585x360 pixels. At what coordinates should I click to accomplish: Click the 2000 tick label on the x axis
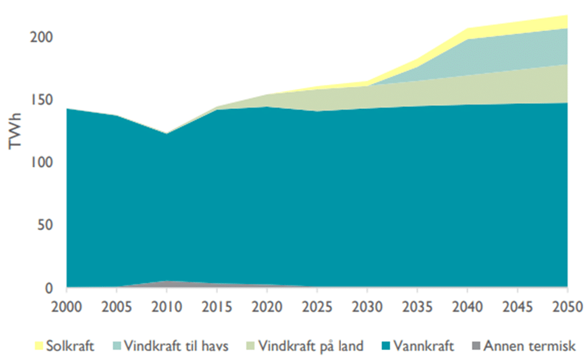click(66, 306)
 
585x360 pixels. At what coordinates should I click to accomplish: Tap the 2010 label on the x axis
click(166, 306)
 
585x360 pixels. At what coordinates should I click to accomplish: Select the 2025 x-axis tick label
click(316, 306)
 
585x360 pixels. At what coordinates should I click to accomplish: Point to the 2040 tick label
click(467, 306)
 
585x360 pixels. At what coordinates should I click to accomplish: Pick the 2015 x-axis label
click(216, 306)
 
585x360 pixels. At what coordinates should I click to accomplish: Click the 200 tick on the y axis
click(41, 38)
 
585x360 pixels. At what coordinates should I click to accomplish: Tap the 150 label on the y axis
click(41, 100)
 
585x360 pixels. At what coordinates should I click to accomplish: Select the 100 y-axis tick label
click(41, 163)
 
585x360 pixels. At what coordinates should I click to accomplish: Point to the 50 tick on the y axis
click(45, 226)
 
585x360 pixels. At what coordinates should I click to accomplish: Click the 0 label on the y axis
click(48, 288)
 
